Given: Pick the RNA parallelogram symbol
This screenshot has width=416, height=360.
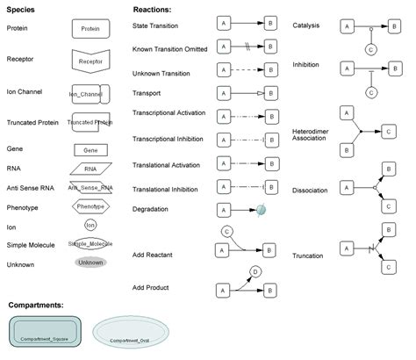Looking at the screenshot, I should click(90, 169).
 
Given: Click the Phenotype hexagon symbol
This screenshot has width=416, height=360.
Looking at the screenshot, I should click(90, 206).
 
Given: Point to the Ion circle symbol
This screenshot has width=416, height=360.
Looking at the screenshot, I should click(90, 226).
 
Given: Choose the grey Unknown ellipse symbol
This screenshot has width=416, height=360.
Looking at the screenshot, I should click(90, 263).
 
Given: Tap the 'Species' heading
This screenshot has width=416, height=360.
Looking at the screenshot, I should click(20, 10).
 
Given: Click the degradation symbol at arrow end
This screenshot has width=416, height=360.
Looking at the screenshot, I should click(262, 209).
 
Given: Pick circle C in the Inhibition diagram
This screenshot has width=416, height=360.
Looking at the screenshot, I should click(371, 90).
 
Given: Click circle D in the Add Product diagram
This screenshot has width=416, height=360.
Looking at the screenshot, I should click(255, 272).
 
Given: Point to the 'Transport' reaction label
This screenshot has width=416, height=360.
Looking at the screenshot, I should click(147, 92).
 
